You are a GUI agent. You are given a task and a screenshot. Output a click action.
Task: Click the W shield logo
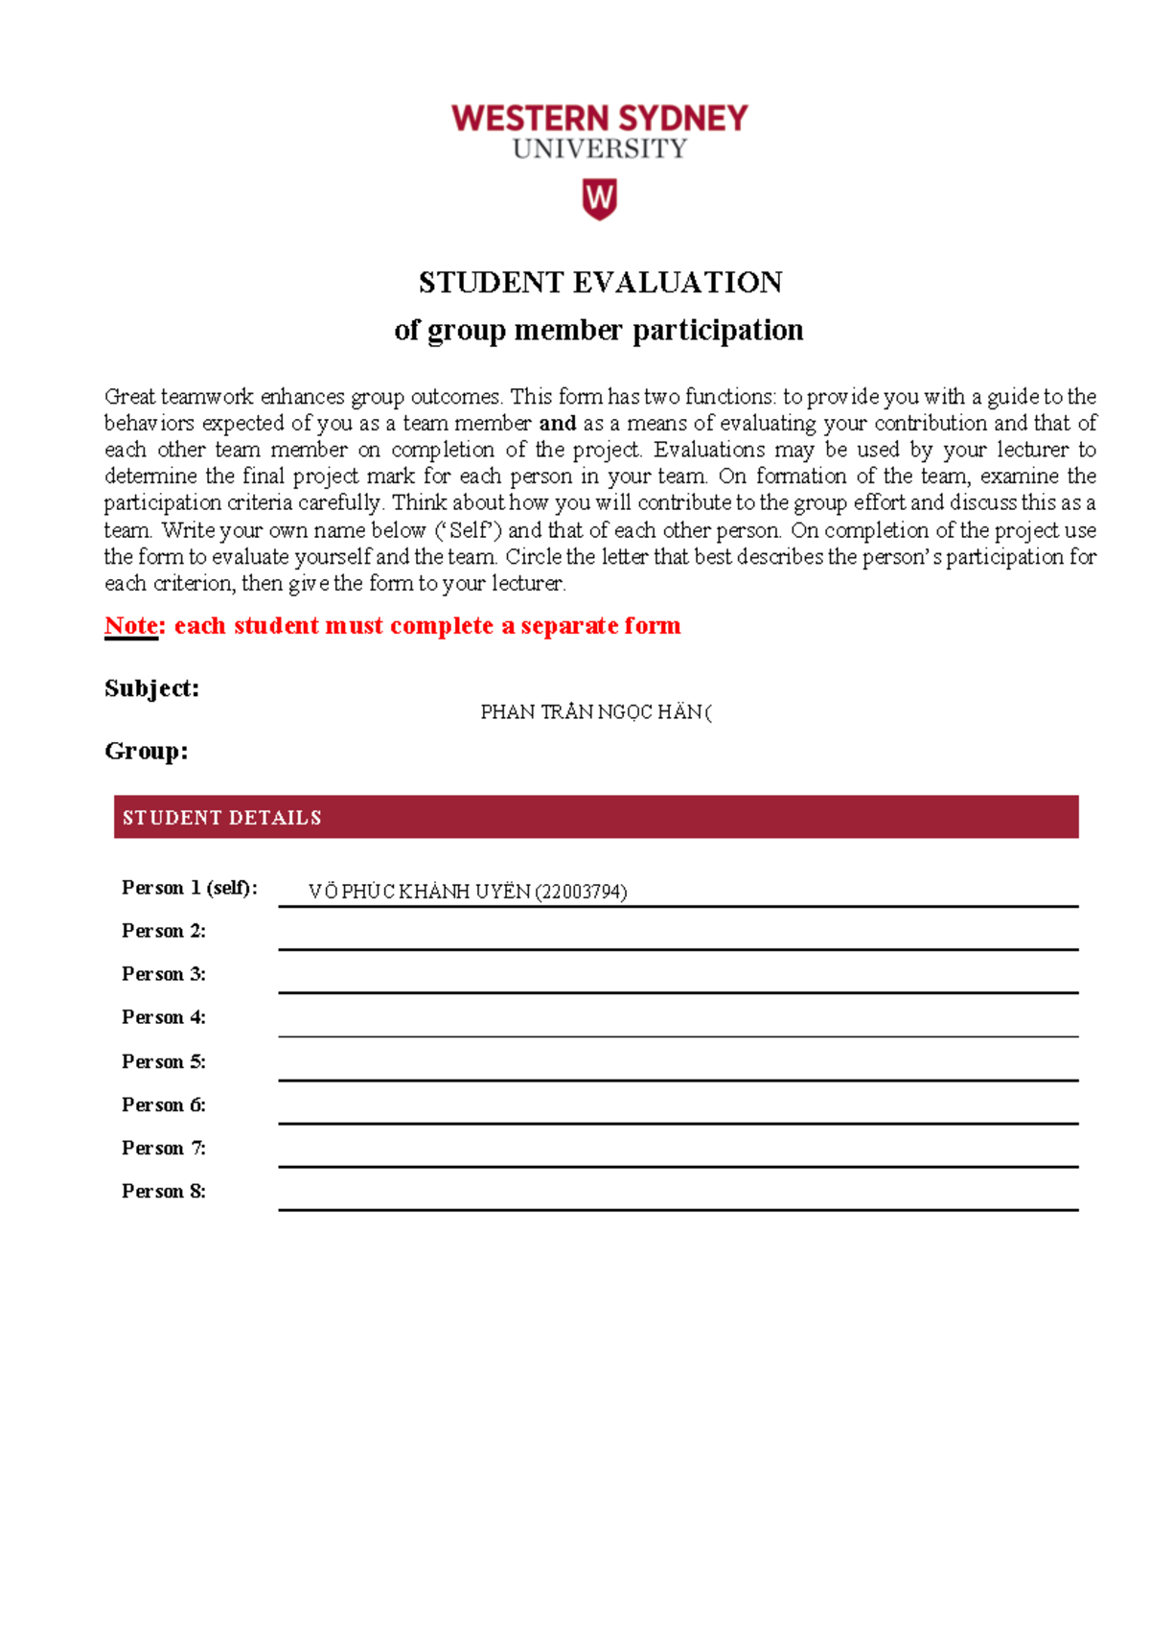(599, 199)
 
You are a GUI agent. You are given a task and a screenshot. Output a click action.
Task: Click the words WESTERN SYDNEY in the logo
(599, 119)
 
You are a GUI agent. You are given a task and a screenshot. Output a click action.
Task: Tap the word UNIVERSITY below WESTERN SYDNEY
(599, 150)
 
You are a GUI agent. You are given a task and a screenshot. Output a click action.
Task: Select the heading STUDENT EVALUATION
(600, 283)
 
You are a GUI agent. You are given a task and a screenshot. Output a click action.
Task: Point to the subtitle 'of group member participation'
(598, 331)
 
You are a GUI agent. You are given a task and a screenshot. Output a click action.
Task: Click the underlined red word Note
(131, 626)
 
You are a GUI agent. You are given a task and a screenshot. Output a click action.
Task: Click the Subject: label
(151, 688)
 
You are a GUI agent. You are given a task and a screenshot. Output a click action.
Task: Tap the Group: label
(146, 751)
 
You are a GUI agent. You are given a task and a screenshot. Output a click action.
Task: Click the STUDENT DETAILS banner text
(221, 818)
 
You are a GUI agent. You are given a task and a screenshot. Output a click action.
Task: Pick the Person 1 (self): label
(189, 888)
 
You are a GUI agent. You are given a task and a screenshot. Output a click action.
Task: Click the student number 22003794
(581, 892)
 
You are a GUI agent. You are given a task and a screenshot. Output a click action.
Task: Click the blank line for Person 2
(678, 940)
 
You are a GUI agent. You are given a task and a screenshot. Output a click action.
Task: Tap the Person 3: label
(163, 974)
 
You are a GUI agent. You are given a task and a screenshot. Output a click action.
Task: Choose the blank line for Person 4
(678, 1026)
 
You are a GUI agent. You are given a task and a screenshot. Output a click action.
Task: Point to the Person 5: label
(163, 1061)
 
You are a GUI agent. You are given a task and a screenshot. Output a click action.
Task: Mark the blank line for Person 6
(678, 1113)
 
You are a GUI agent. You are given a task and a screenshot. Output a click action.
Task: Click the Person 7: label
(163, 1148)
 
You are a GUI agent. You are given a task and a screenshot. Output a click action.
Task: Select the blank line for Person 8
(678, 1199)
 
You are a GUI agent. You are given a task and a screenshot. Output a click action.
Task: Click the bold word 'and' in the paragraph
(557, 424)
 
